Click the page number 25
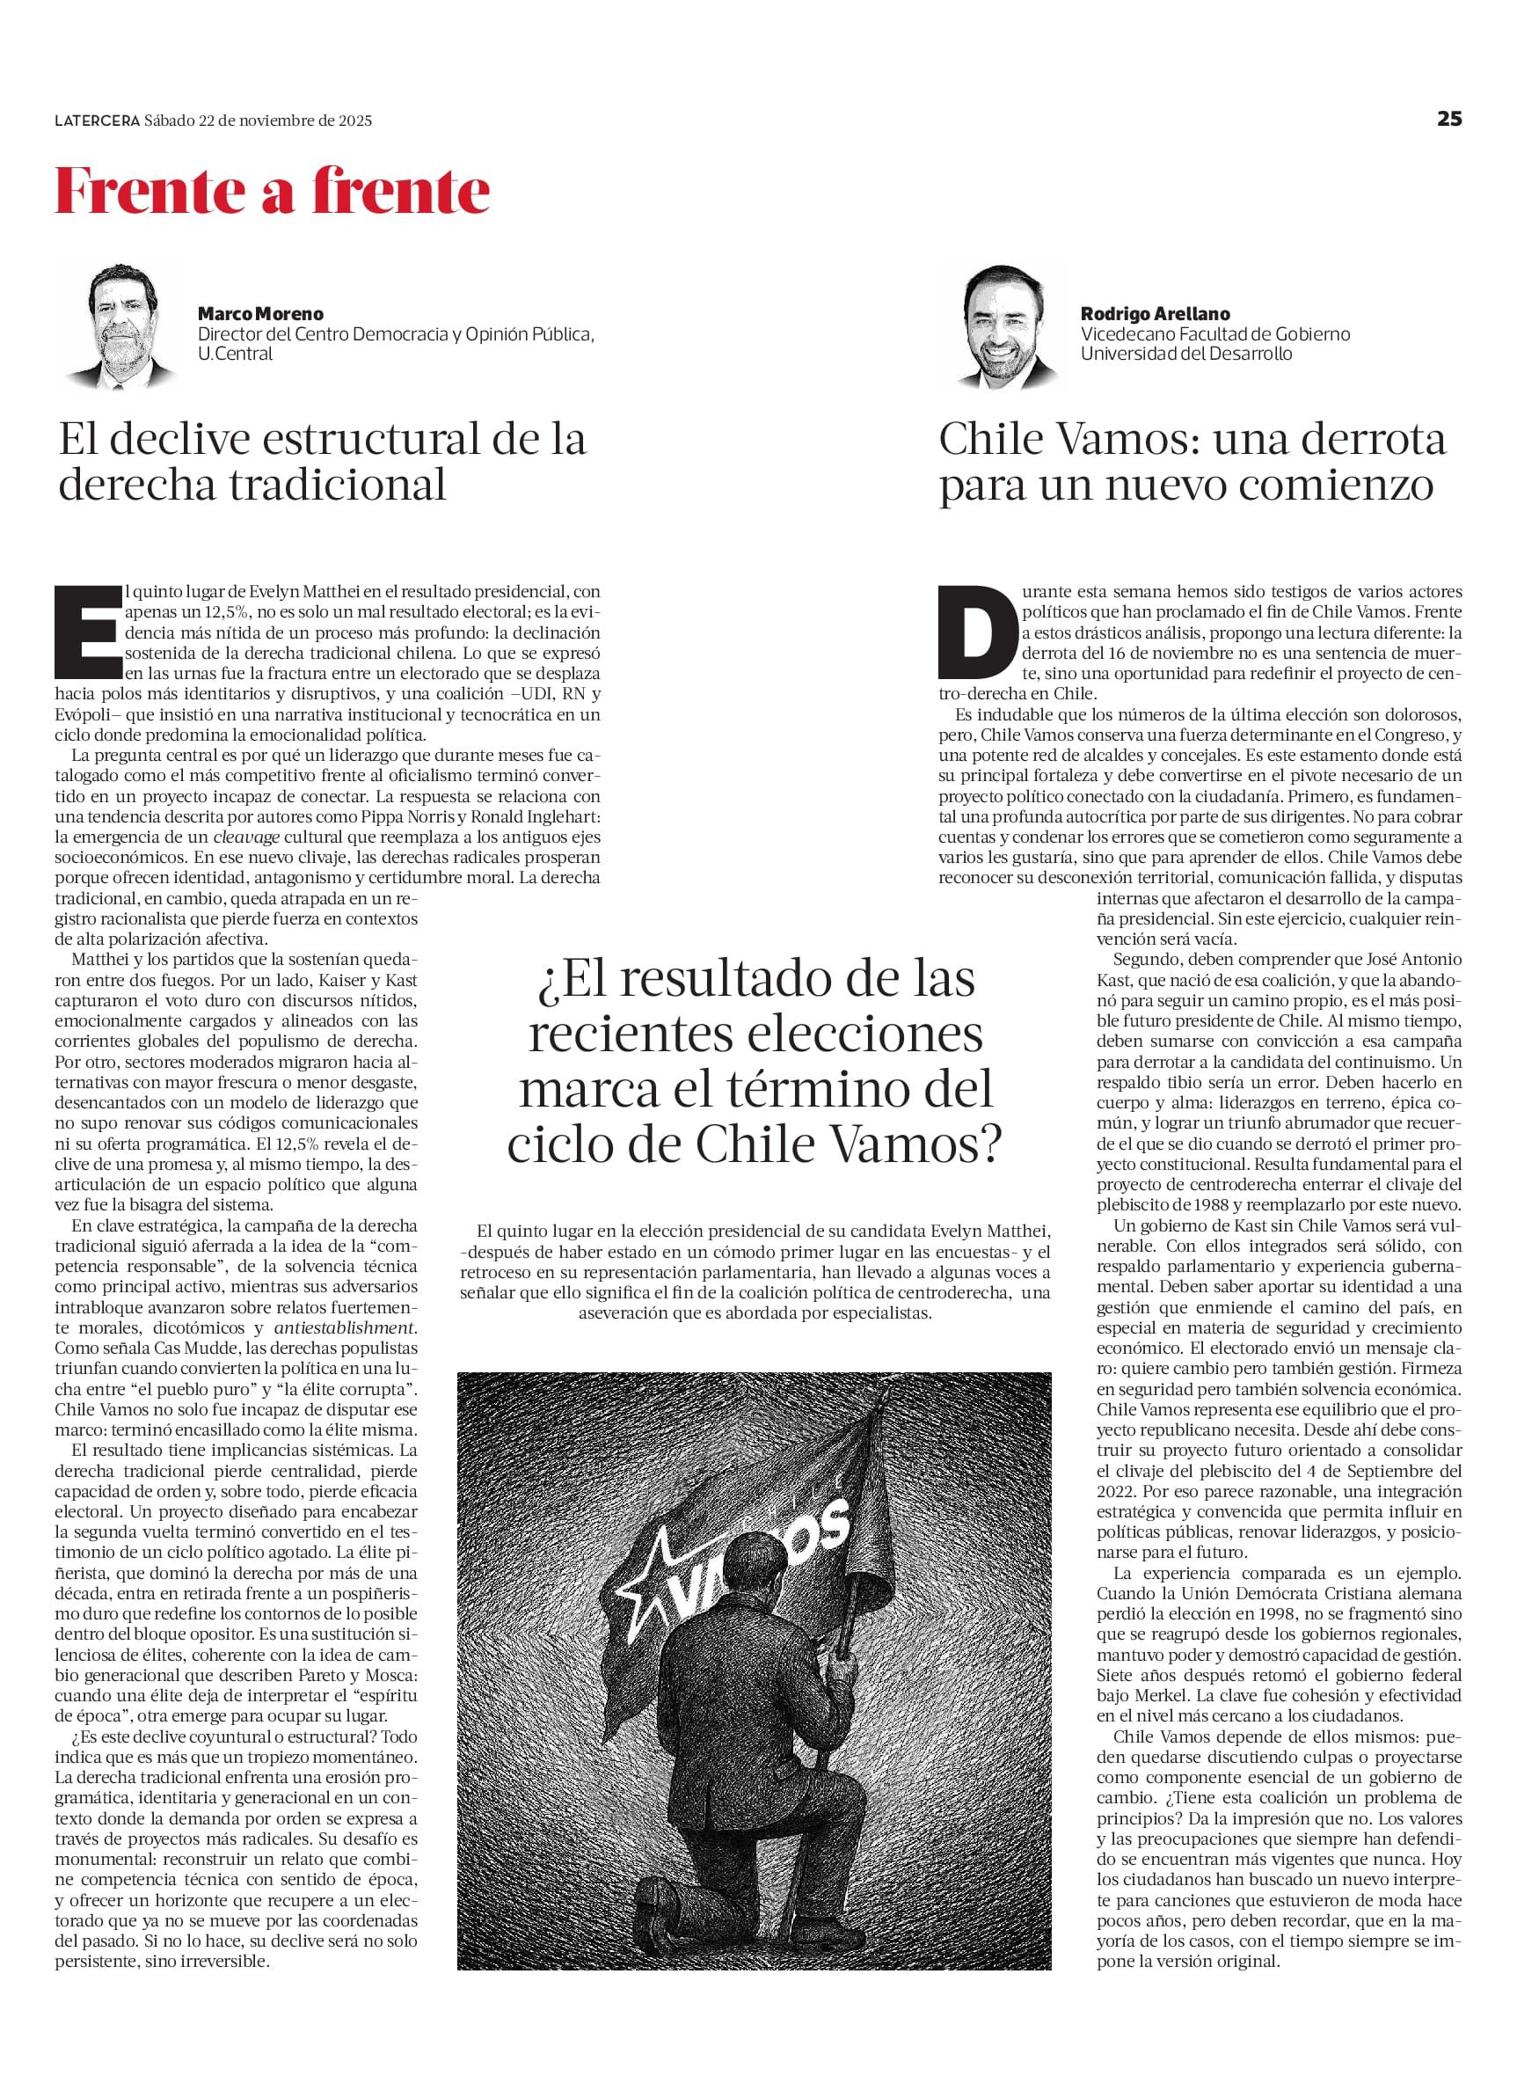pyautogui.click(x=1448, y=120)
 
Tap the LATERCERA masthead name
pyautogui.click(x=96, y=121)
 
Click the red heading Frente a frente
pyautogui.click(x=272, y=192)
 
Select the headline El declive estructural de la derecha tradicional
pyautogui.click(x=322, y=462)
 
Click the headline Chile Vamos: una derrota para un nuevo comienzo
pyautogui.click(x=1192, y=462)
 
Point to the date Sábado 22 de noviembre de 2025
pyautogui.click(x=258, y=121)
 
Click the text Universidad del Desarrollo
pyautogui.click(x=1185, y=354)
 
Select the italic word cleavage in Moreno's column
pyautogui.click(x=246, y=837)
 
